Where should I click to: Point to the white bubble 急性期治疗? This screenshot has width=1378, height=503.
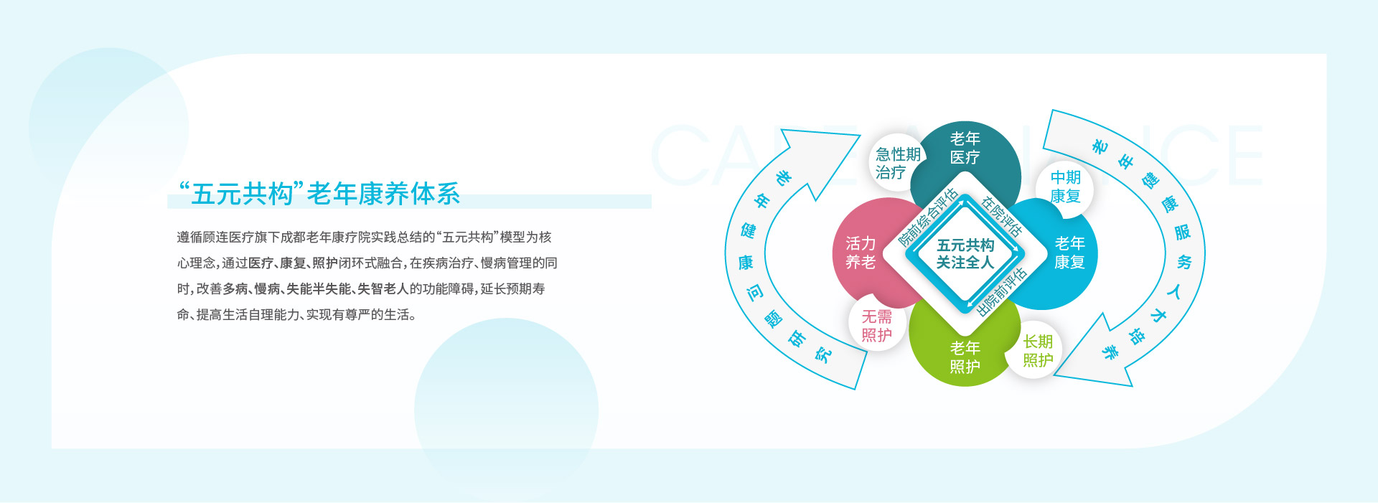coord(897,164)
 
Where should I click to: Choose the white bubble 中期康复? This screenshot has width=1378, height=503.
coord(1065,187)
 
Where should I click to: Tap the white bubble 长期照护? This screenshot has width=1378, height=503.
coord(1038,351)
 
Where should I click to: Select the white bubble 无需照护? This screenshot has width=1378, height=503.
coord(876,325)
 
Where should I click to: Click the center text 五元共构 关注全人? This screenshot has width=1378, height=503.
coord(965,254)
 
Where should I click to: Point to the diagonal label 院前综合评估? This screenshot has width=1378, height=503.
coord(929,217)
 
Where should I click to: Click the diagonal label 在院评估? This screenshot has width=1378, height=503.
coord(1001,217)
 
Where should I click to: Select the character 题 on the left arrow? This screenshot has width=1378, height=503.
coord(773,319)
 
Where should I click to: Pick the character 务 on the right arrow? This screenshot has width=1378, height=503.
coord(1184,262)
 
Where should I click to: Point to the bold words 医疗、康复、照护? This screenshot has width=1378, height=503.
coord(293,263)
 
